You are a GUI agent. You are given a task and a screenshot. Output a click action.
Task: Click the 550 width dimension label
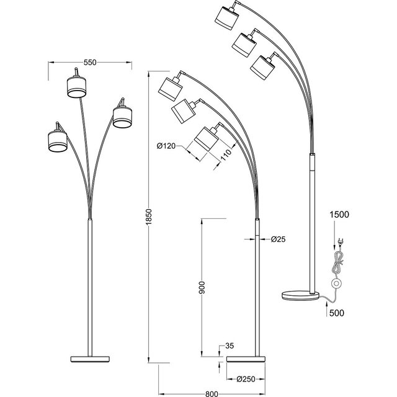click(91, 63)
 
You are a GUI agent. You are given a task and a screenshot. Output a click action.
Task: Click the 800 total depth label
click(211, 392)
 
